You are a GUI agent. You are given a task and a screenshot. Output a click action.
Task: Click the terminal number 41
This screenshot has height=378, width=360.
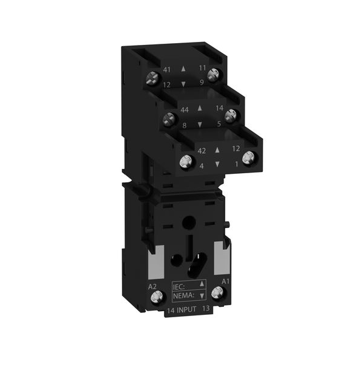coord(167,70)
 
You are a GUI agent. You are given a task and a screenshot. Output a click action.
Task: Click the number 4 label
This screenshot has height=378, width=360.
coord(200,165)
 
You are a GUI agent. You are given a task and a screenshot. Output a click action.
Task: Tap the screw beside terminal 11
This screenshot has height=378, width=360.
coord(212,74)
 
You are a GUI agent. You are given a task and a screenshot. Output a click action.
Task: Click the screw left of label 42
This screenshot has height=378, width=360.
coord(185,160)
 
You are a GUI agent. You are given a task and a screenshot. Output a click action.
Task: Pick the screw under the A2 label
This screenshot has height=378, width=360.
coord(154,298)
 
